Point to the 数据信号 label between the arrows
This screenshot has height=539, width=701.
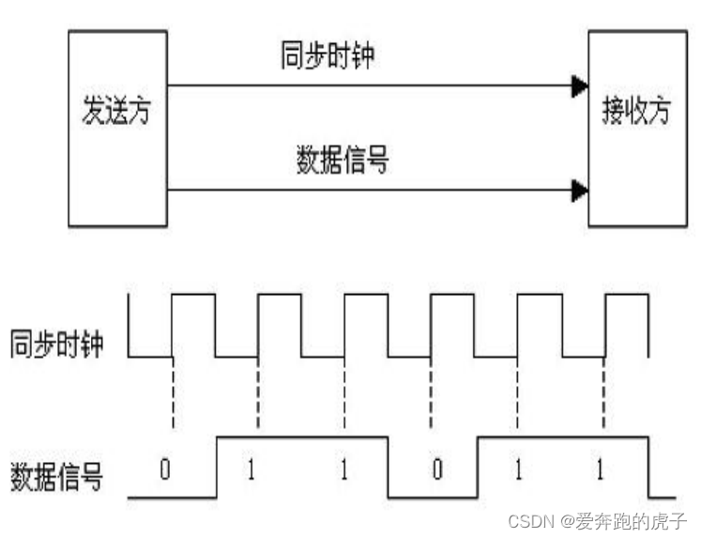[343, 160]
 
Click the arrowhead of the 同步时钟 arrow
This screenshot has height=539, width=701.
[579, 87]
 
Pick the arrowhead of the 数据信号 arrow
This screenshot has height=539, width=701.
[579, 192]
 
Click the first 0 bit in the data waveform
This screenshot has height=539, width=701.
[165, 468]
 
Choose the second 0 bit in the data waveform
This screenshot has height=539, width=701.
[435, 468]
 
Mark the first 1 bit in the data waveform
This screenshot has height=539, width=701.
[251, 468]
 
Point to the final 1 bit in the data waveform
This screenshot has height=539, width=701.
[601, 468]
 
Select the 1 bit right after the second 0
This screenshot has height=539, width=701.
[517, 468]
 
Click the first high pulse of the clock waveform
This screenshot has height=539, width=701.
[193, 296]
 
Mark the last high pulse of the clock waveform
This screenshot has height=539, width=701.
[627, 296]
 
